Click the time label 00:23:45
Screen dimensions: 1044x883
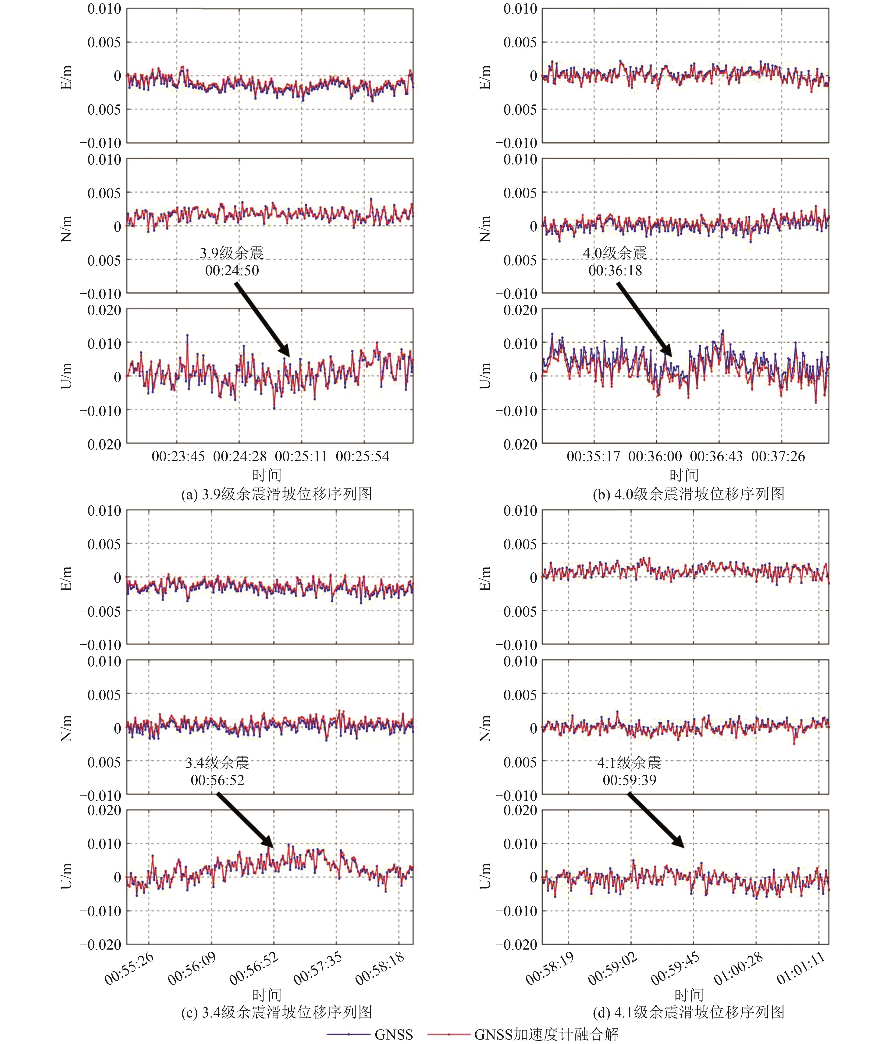[x=178, y=456]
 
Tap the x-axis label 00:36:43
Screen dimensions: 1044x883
[x=716, y=456]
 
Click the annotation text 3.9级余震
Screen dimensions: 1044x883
[x=232, y=253]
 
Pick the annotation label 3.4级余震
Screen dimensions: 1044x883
[x=217, y=763]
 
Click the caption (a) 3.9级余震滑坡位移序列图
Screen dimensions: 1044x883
[x=277, y=494]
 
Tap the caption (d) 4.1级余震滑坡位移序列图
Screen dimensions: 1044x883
[x=689, y=1012]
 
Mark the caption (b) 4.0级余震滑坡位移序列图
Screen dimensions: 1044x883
[x=689, y=494]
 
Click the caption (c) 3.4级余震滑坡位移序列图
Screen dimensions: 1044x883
[x=277, y=1012]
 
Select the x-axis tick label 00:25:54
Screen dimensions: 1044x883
[x=362, y=456]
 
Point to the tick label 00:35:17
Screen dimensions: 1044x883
[x=593, y=456]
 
